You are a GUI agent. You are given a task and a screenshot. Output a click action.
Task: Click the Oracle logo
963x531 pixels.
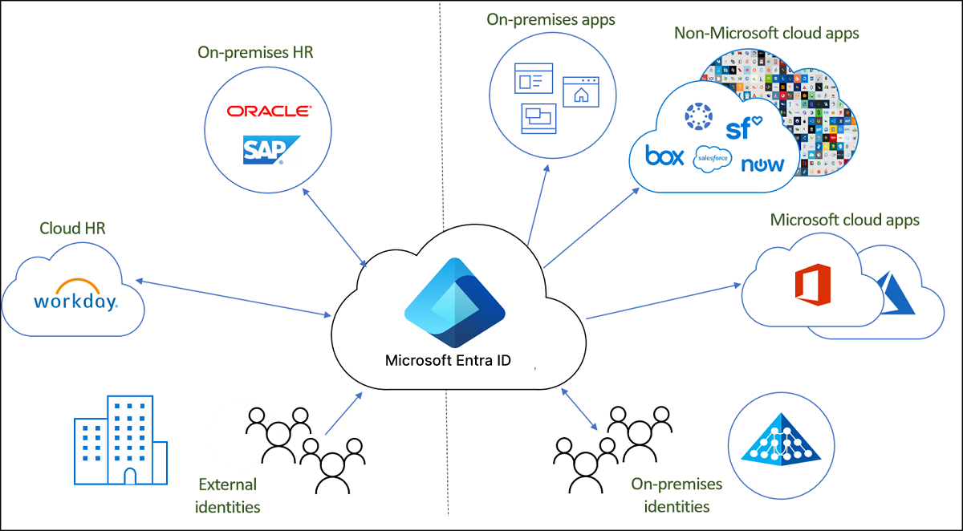269,111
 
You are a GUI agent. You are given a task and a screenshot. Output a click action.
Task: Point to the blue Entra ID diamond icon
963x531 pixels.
454,302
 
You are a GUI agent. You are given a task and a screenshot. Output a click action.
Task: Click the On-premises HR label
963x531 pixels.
255,53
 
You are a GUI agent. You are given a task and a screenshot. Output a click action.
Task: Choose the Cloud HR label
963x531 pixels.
73,229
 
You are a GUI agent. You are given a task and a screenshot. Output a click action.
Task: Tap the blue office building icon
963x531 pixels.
120,440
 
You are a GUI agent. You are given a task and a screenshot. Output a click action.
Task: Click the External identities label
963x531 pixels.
228,495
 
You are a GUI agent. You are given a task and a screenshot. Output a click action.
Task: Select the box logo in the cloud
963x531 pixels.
665,156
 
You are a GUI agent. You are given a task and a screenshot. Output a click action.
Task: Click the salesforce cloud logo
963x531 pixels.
713,158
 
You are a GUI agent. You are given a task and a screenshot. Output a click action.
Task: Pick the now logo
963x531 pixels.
762,164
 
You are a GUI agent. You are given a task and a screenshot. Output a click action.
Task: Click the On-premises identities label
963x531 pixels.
676,495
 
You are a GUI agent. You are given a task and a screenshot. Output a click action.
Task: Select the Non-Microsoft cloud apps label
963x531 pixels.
766,34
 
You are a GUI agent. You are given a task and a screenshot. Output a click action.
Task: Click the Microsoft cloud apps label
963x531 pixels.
844,220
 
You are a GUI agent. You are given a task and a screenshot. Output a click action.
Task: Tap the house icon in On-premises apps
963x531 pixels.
581,92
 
